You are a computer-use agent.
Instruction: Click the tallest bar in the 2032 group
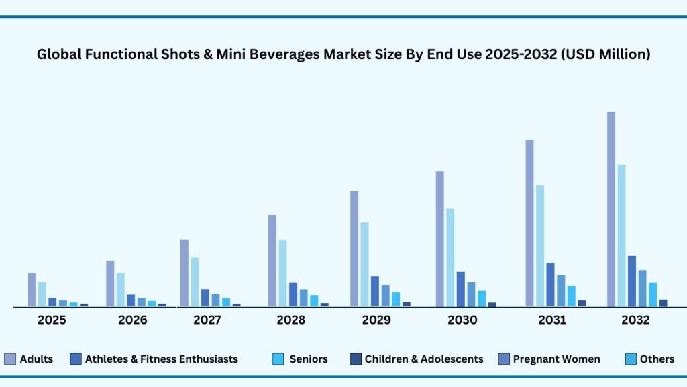[x=611, y=209]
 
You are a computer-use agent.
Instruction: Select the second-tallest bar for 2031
[x=540, y=246]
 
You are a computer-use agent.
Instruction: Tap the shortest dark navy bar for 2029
[x=406, y=304]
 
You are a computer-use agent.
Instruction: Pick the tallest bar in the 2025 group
[x=32, y=290]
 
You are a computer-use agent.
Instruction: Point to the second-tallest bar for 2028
[x=282, y=273]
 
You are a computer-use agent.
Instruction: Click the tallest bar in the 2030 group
[x=439, y=239]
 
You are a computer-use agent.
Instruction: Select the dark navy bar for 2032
[x=663, y=302]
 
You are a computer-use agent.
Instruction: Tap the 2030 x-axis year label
[x=462, y=320]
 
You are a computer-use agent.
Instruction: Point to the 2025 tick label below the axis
[x=52, y=320]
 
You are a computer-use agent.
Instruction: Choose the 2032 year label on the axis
[x=635, y=320]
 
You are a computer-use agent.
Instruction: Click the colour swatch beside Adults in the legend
[x=10, y=359]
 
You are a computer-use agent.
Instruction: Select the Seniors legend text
[x=309, y=359]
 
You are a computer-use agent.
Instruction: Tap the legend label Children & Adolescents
[x=423, y=359]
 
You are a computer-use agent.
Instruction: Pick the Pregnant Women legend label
[x=556, y=359]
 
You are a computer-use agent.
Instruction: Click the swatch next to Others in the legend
[x=630, y=359]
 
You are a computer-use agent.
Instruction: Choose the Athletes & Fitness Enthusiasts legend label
[x=161, y=359]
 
